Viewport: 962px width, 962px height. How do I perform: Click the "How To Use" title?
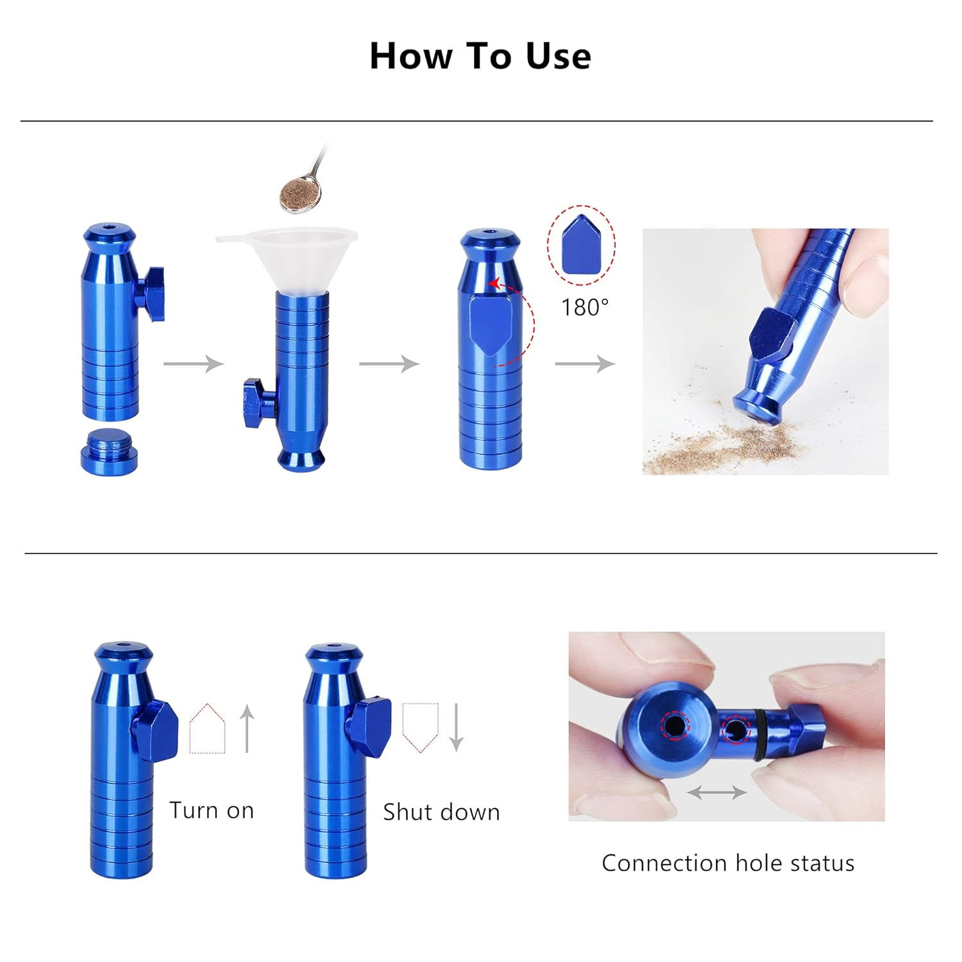480,56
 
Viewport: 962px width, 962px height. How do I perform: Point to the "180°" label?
584,308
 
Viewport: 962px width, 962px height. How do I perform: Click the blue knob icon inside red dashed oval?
581,246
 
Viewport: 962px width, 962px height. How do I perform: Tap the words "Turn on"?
212,811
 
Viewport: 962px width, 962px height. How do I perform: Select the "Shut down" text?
441,813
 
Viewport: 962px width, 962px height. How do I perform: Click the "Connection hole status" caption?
728,863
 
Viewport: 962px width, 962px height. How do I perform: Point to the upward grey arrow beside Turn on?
248,728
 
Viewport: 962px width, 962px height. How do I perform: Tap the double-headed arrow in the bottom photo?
716,793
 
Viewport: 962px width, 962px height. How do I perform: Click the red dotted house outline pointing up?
207,729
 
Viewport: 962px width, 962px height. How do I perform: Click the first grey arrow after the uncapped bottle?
193,364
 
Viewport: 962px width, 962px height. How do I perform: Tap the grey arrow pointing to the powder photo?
584,364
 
